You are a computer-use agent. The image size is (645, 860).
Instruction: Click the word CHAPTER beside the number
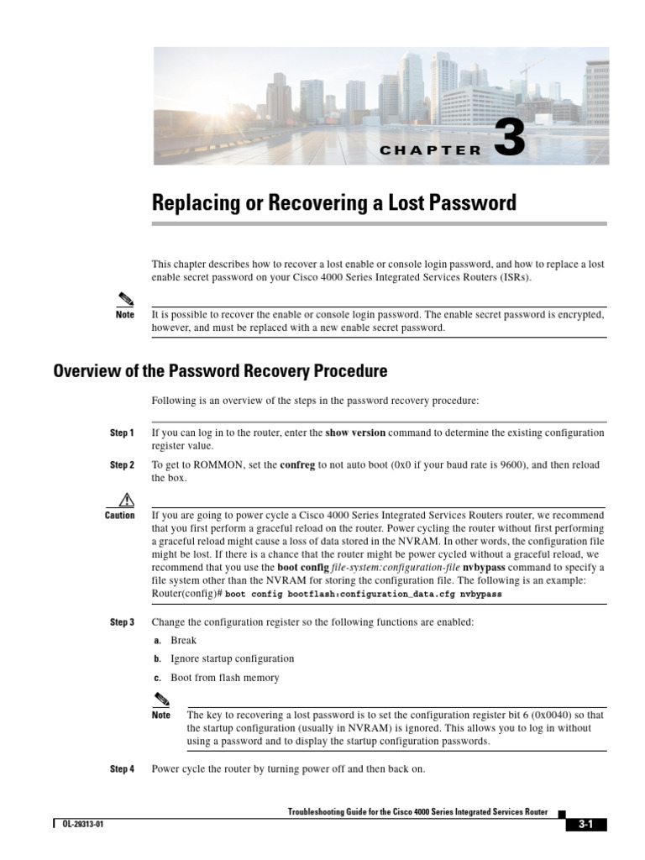430,151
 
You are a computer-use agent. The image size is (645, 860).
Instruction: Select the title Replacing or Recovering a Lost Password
333,203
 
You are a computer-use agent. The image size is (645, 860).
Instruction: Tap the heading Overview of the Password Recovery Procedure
221,370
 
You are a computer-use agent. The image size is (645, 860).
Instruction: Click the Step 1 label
122,433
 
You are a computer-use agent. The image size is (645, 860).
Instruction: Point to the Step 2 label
122,465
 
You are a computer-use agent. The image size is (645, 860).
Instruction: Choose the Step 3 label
122,623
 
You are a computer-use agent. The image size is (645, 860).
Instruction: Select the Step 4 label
122,769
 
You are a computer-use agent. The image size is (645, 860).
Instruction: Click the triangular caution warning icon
127,498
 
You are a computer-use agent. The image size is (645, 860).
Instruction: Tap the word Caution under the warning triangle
120,516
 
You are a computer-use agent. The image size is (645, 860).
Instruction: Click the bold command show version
355,433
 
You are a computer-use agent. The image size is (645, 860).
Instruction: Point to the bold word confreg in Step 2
297,465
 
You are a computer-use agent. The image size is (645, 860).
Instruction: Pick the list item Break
183,641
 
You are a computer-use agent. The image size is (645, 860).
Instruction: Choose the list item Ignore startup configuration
232,659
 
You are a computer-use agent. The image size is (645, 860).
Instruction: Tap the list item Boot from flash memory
224,678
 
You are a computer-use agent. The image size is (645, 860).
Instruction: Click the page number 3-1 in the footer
585,825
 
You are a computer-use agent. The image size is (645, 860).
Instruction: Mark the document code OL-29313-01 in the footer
82,825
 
